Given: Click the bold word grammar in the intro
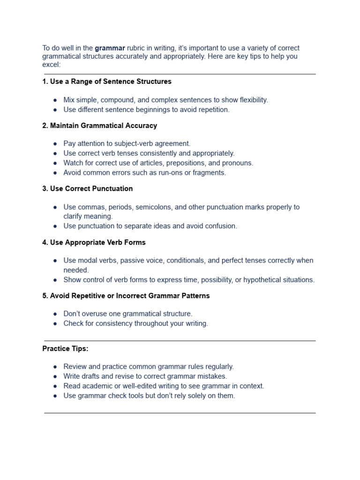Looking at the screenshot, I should click(x=110, y=48).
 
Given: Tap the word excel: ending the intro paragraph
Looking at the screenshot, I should click(x=52, y=65).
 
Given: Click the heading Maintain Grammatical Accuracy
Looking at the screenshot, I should click(x=99, y=126).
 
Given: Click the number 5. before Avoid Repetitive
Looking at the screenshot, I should click(x=45, y=296).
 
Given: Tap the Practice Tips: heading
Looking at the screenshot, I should click(x=65, y=349).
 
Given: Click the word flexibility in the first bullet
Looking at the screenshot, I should click(x=250, y=100).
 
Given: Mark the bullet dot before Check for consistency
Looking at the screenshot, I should click(x=55, y=323).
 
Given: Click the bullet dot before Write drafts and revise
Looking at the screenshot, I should click(x=55, y=376).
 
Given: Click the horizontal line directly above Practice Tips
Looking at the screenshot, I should click(x=180, y=341).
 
